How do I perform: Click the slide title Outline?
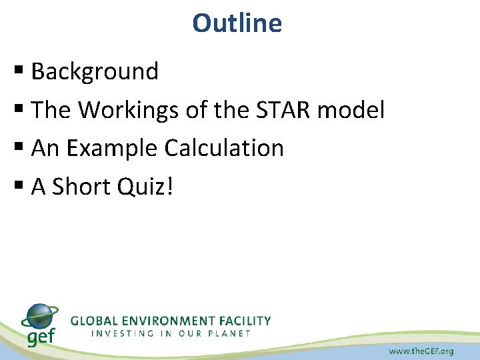click(x=237, y=23)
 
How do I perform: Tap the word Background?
click(x=95, y=71)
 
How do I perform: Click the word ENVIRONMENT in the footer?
click(x=171, y=320)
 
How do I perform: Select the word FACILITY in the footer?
click(x=244, y=320)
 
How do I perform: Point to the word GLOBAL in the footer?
click(x=93, y=320)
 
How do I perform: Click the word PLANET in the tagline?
click(x=229, y=333)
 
